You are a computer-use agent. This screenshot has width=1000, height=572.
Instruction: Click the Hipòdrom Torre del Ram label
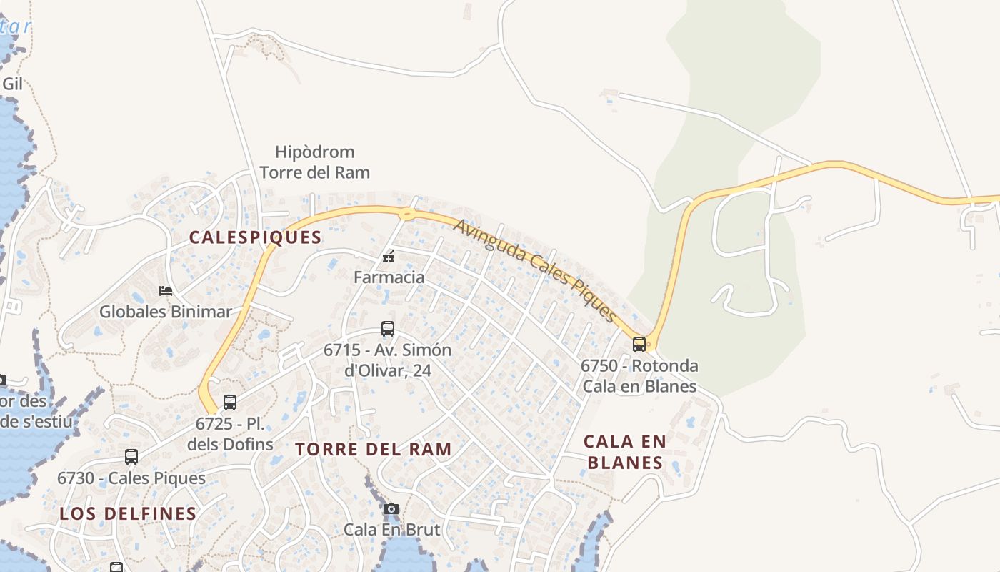point(315,162)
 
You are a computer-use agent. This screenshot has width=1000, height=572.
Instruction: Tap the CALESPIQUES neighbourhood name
point(255,237)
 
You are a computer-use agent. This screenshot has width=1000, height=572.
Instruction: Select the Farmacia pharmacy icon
point(389,257)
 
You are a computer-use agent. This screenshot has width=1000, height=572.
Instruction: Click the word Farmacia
point(389,277)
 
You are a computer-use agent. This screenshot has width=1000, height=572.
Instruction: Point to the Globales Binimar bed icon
point(166,291)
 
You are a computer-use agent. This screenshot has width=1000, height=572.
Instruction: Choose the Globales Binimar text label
point(166,312)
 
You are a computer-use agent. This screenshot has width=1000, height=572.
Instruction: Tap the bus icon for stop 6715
point(388,329)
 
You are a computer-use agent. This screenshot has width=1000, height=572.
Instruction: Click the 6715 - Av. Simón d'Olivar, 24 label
point(388,360)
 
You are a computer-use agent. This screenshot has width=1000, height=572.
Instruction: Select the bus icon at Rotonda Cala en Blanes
point(639,345)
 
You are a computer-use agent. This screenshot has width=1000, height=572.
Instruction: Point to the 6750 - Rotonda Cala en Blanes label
point(639,376)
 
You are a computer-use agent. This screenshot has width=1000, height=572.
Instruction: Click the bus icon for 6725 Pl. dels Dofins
point(230,403)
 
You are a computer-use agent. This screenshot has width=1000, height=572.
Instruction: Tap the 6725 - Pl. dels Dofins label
point(230,434)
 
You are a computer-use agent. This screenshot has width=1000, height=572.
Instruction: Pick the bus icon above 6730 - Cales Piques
point(131,457)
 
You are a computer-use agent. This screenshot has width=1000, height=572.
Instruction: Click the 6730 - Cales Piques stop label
point(131,478)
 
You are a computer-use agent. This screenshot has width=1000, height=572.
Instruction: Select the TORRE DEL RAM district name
point(374,449)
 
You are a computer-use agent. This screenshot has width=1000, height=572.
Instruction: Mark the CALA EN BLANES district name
point(625,452)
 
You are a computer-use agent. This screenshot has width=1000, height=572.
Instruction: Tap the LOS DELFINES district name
point(128,513)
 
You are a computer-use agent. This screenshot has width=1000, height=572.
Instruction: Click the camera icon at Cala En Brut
point(391,509)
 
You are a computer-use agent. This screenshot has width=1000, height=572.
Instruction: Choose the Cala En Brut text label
point(392,530)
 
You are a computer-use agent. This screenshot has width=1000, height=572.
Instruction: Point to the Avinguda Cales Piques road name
point(535,270)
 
